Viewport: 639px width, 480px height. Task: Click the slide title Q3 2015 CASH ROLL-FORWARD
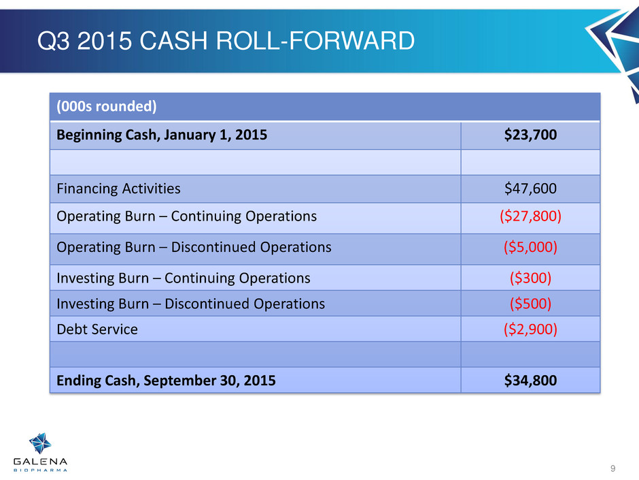pyautogui.click(x=226, y=41)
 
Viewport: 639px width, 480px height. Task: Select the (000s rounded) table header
pyautogui.click(x=106, y=106)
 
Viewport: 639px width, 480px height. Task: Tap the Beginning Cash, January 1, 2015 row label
pyautogui.click(x=162, y=135)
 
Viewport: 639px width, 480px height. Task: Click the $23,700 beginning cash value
pyautogui.click(x=530, y=135)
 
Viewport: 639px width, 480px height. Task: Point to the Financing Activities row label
pyautogui.click(x=118, y=189)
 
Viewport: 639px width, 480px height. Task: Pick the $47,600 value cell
pyautogui.click(x=530, y=189)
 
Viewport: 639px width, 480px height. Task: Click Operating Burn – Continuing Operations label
pyautogui.click(x=187, y=217)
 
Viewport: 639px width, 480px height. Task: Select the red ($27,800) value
pyautogui.click(x=530, y=217)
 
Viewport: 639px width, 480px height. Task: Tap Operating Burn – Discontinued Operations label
pyautogui.click(x=194, y=247)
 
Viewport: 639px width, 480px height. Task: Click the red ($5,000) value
pyautogui.click(x=530, y=247)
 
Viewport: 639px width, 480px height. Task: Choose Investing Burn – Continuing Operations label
pyautogui.click(x=184, y=278)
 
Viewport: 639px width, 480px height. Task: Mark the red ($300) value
pyautogui.click(x=530, y=278)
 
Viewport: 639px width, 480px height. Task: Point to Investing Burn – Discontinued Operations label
pyautogui.click(x=191, y=304)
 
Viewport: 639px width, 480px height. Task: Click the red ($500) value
pyautogui.click(x=530, y=304)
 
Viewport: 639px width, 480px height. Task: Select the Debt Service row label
pyautogui.click(x=97, y=330)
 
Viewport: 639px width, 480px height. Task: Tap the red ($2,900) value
pyautogui.click(x=530, y=329)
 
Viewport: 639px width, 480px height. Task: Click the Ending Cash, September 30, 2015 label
pyautogui.click(x=166, y=381)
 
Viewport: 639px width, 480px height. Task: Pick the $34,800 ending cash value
pyautogui.click(x=530, y=381)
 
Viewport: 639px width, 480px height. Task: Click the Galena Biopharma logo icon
pyautogui.click(x=40, y=443)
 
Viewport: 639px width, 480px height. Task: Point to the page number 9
pyautogui.click(x=612, y=468)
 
